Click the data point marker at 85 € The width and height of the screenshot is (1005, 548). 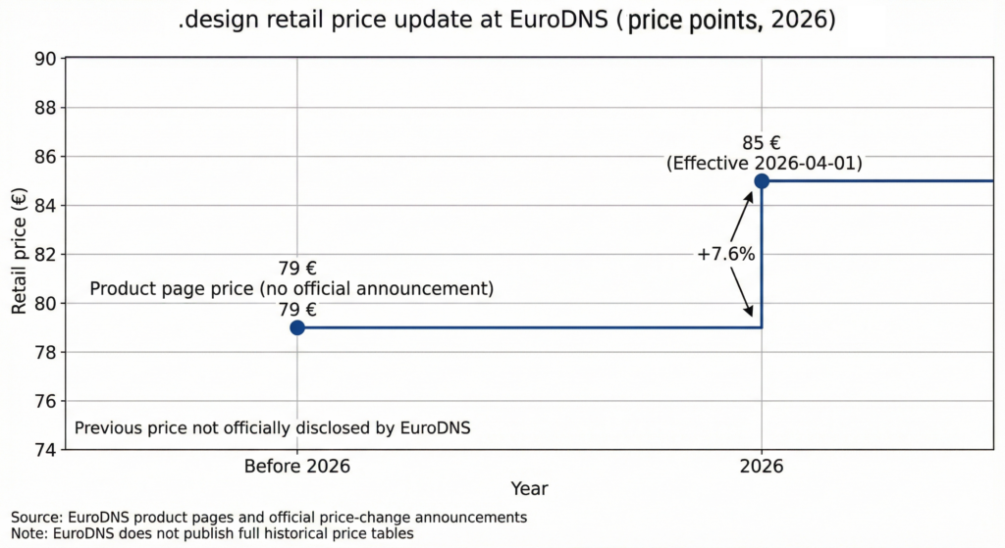(x=762, y=180)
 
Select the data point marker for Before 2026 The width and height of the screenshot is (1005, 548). (x=297, y=327)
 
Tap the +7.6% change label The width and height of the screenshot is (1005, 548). (x=725, y=254)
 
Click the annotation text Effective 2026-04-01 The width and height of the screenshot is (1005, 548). (x=764, y=164)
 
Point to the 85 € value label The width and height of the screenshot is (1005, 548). (x=762, y=142)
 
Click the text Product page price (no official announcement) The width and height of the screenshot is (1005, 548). (x=291, y=289)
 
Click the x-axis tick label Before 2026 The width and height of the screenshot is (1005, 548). (x=296, y=467)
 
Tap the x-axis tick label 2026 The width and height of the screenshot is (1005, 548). (x=762, y=467)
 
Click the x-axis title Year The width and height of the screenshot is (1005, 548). (x=529, y=488)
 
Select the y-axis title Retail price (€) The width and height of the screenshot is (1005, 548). (x=20, y=254)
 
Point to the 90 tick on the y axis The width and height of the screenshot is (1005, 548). (x=43, y=59)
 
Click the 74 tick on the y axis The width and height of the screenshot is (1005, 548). (x=43, y=450)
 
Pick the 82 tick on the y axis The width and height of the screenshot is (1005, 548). (x=43, y=254)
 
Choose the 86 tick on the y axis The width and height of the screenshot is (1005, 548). (x=43, y=157)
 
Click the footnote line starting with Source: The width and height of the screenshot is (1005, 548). (x=269, y=517)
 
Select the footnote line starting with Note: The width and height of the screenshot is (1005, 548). (x=212, y=533)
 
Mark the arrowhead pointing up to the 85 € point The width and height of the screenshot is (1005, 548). (x=751, y=195)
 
